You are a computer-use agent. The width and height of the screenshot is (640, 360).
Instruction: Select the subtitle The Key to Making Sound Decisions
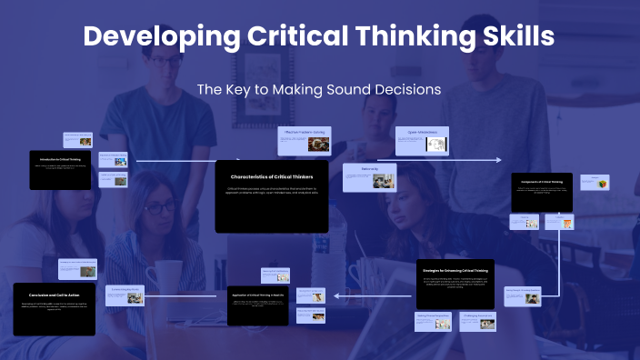319,90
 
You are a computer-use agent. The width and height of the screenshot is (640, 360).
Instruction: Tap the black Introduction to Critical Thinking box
60,170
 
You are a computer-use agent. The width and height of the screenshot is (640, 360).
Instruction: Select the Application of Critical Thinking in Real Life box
257,305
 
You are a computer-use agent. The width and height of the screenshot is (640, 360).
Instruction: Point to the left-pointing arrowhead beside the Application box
336,295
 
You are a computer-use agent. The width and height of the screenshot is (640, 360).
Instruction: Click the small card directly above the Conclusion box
76,269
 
